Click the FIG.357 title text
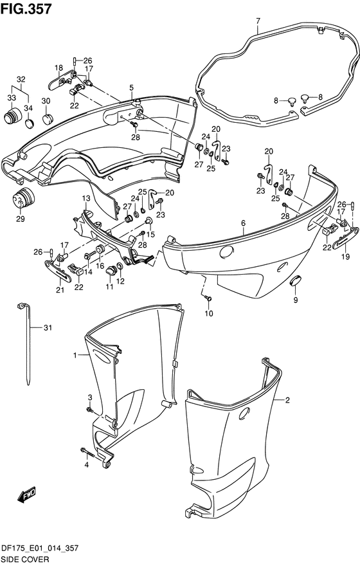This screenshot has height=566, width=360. click(x=26, y=8)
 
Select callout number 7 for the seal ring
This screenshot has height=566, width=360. click(x=258, y=21)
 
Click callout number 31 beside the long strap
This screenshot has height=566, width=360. click(x=48, y=328)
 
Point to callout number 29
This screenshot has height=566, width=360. click(x=20, y=219)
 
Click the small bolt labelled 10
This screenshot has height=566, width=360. click(x=208, y=298)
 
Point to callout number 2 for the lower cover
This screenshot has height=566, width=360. click(x=287, y=400)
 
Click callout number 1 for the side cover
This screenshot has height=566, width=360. click(x=75, y=356)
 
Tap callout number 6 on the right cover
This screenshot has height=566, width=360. click(x=244, y=223)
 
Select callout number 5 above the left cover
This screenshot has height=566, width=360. click(x=131, y=87)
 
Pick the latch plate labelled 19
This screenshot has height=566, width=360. click(x=346, y=239)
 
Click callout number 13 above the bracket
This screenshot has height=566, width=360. click(x=86, y=198)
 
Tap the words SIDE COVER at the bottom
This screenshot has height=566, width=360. click(x=25, y=560)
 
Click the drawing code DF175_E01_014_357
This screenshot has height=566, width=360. click(x=40, y=549)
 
